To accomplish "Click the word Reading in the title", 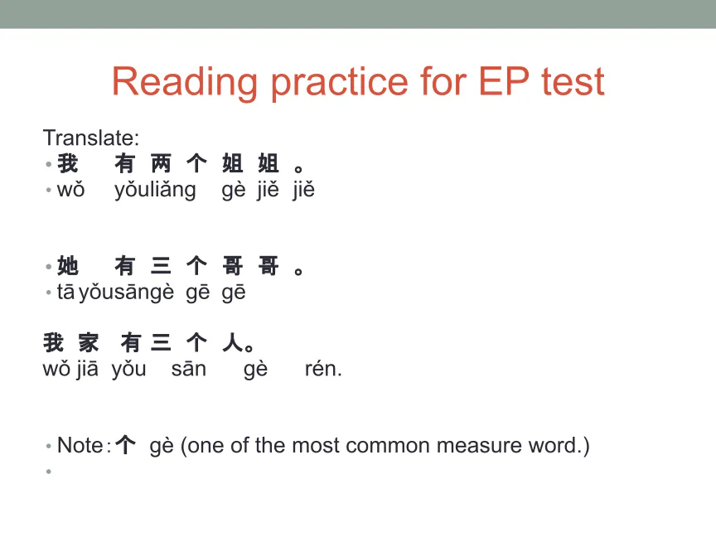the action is pos(185,82).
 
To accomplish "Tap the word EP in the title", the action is pos(504,81).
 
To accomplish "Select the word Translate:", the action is pos(91,138).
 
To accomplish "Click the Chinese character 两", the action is pos(161,163).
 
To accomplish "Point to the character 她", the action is pos(68,266).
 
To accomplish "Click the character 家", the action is pos(88,342).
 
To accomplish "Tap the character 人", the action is pos(232,342).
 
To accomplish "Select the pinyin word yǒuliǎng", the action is pos(155,190).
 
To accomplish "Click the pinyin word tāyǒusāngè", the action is pos(115,293).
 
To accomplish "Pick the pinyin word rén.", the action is pos(323,369).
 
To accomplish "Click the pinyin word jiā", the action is pos(87,369).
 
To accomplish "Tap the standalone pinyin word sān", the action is pos(189,369).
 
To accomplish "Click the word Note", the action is pos(80,445).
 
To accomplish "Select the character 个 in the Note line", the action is pos(125,445).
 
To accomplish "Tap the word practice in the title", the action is pos(339,83).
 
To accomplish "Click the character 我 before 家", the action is pos(53,342).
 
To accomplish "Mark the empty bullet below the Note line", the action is pos(48,472).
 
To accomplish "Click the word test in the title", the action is pos(573,82).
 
